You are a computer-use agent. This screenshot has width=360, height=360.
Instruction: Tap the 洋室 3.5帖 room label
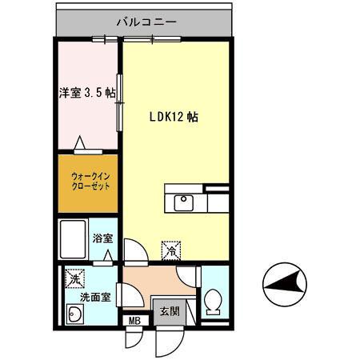tap(86, 92)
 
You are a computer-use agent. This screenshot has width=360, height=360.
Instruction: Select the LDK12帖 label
tap(174, 116)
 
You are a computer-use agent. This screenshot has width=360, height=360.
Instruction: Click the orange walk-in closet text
tap(85, 182)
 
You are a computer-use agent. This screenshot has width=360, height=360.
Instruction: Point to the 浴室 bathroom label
tap(102, 238)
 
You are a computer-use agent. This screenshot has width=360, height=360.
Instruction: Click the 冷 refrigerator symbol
tap(170, 250)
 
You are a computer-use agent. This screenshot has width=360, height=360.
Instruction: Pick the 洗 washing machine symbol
tap(73, 278)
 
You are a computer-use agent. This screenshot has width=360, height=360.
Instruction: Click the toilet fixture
tap(214, 302)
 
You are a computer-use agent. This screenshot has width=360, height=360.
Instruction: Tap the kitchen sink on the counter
tap(183, 200)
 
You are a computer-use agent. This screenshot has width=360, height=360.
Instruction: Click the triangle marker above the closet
tap(80, 144)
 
